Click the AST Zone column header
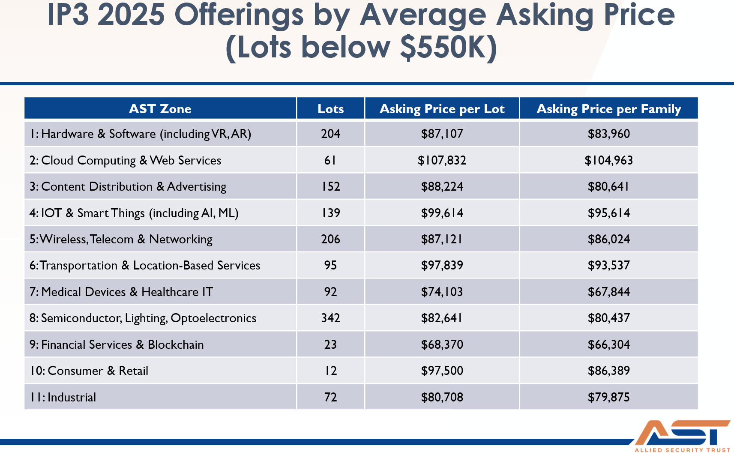[x=160, y=109]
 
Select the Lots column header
[x=330, y=109]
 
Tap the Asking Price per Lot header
[x=442, y=109]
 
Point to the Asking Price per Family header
[x=608, y=109]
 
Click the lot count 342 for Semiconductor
[x=330, y=318]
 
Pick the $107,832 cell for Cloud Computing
[x=442, y=160]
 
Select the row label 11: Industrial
[x=63, y=397]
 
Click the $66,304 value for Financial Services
[x=608, y=344]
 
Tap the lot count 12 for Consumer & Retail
[x=330, y=371]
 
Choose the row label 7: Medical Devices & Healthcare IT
[x=121, y=292]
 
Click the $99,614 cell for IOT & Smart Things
[x=442, y=213]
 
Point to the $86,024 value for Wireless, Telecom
[x=608, y=239]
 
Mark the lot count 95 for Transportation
[x=330, y=265]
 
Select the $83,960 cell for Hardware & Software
[x=608, y=134]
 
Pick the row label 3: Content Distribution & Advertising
[x=128, y=186]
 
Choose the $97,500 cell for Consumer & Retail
[x=442, y=371]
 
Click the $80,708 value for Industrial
[x=442, y=397]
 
